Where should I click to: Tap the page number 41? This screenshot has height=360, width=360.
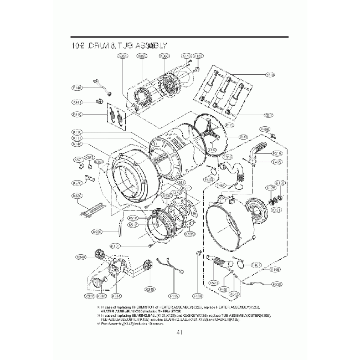(x=179, y=332)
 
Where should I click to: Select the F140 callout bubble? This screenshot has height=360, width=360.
(x=78, y=88)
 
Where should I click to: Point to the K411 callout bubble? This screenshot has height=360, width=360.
(x=78, y=102)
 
